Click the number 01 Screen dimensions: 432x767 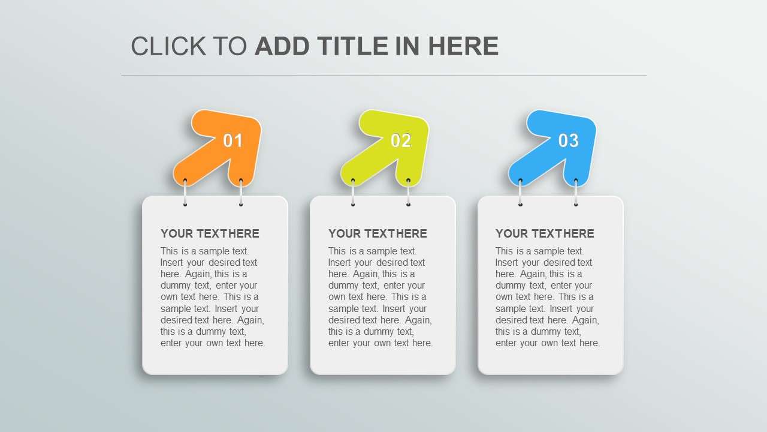233,141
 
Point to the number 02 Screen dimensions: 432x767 401,141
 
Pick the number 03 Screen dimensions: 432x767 569,141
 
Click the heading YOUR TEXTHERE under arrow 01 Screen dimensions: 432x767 210,233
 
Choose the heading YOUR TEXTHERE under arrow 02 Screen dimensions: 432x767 378,233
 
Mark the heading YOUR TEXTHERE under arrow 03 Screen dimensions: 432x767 545,233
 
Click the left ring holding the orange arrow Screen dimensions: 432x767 185,193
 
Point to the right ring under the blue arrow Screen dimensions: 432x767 576,193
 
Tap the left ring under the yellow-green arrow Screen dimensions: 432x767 353,193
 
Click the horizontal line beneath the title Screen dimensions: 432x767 383,76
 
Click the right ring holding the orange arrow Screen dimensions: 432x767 241,193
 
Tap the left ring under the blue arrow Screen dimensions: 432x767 520,193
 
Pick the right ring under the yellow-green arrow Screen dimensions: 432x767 408,193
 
